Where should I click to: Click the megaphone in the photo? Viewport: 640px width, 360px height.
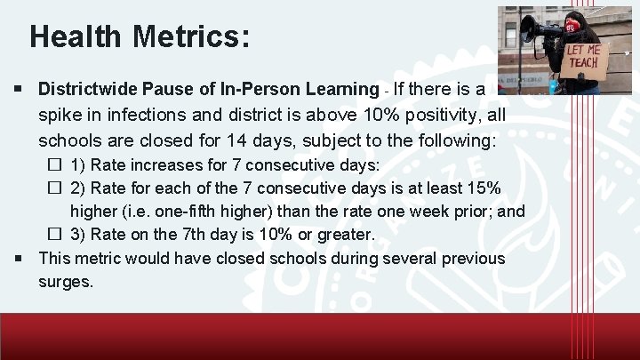pyautogui.click(x=537, y=29)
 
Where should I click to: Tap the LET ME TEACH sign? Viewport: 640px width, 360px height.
pyautogui.click(x=586, y=60)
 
